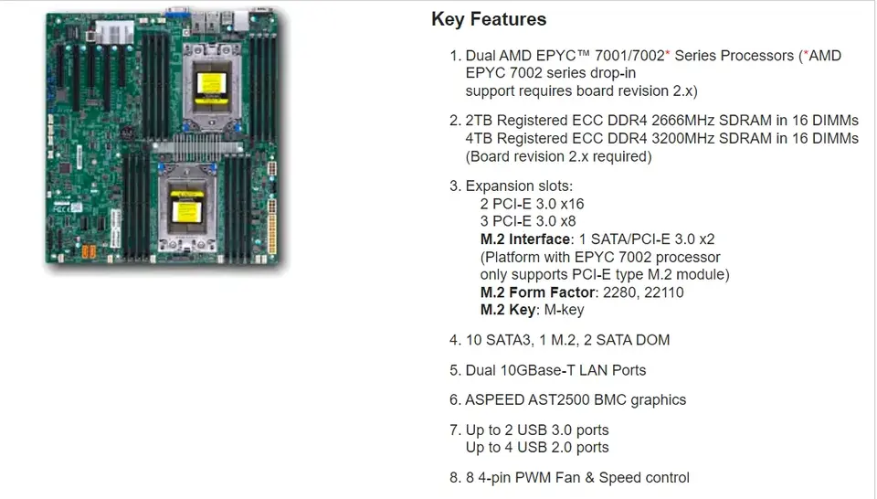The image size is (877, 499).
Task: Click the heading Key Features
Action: click(489, 19)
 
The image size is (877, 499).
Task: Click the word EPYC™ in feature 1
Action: click(586, 56)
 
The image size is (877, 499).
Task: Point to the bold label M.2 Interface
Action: click(525, 239)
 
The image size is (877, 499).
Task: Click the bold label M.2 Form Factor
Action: click(536, 292)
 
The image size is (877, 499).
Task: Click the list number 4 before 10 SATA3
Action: click(453, 340)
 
